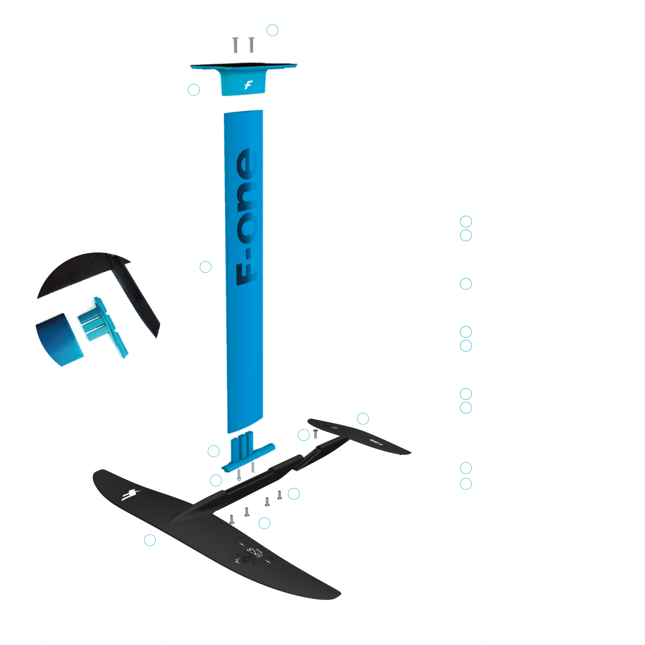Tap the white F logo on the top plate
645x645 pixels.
click(x=248, y=85)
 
